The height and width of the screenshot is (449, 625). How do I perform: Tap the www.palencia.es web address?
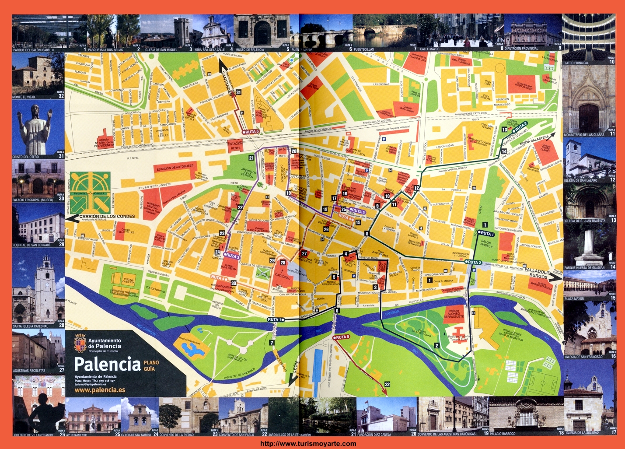[x=100, y=389]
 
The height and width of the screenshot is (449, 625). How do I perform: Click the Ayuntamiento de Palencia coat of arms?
[x=80, y=342]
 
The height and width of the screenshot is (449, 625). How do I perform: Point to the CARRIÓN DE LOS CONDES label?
[x=107, y=216]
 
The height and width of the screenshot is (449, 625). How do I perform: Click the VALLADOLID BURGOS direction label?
[x=537, y=274]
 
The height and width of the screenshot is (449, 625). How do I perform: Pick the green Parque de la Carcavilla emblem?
[x=91, y=192]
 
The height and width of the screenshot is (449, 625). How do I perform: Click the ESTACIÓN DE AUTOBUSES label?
[x=175, y=167]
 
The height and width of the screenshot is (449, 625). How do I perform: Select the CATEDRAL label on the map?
[x=282, y=277]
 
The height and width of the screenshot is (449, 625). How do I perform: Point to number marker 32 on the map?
[x=387, y=384]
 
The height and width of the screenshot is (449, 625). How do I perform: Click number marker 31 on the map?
[x=238, y=92]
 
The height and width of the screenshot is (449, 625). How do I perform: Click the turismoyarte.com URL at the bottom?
[x=308, y=443]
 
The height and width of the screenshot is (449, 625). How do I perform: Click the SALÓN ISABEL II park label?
[x=486, y=244]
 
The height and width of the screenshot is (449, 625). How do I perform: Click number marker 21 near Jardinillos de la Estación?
[x=251, y=158]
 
